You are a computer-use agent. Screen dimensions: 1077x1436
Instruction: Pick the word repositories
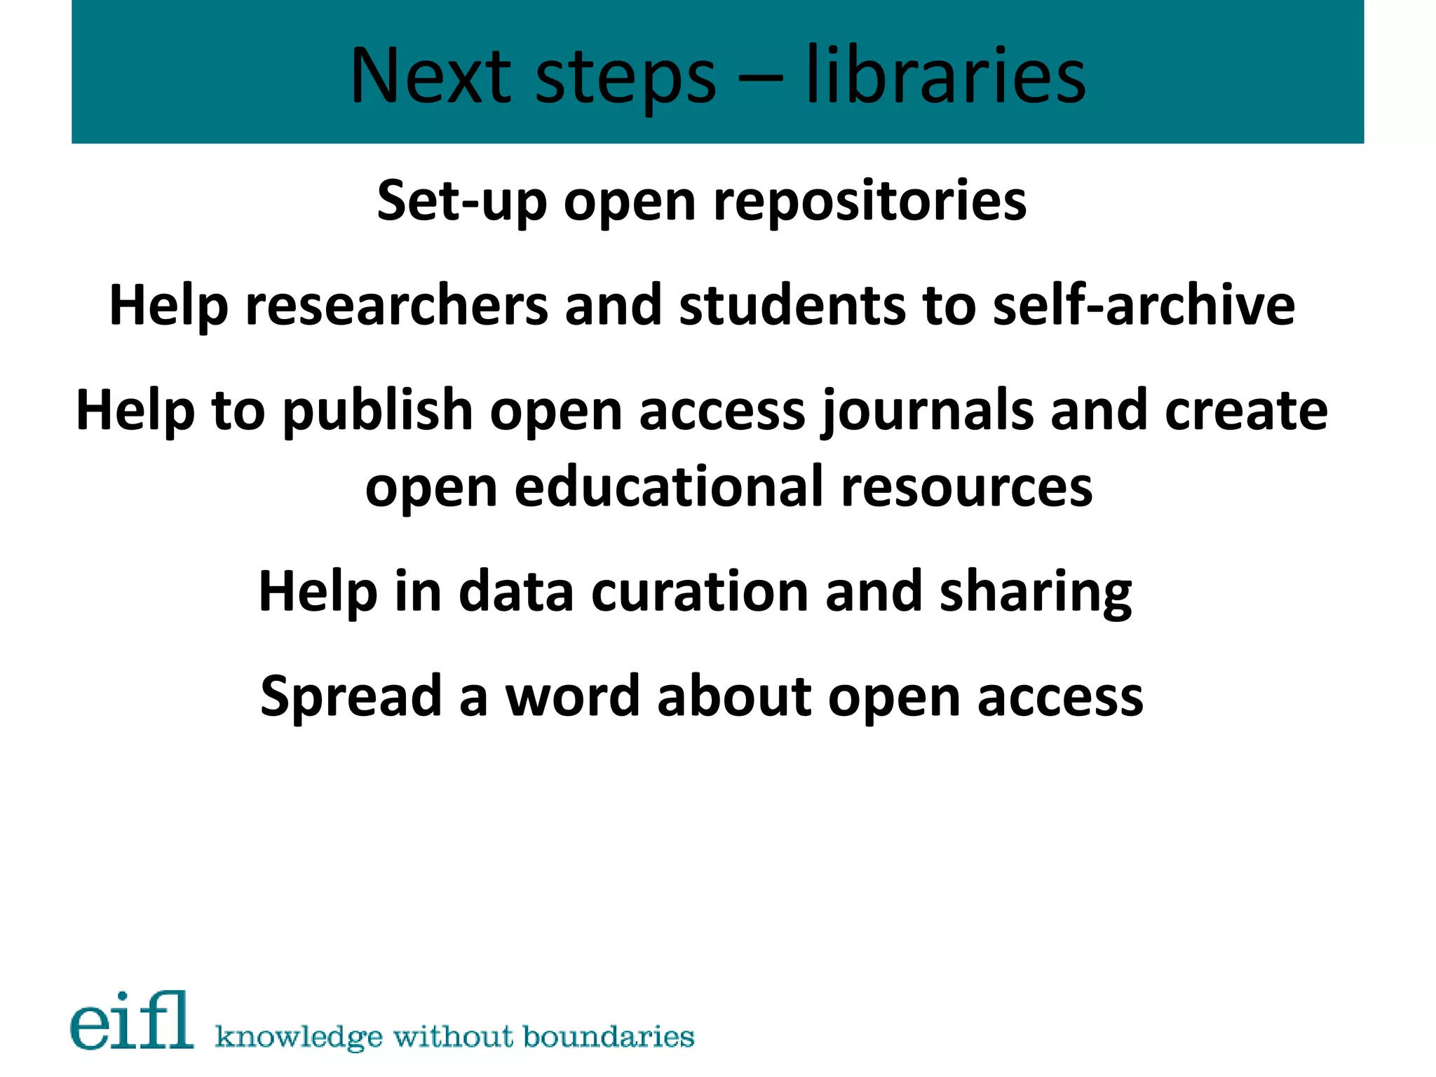point(869,201)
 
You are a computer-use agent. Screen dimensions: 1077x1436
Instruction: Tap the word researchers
point(396,306)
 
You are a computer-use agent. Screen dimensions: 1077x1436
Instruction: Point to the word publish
point(378,411)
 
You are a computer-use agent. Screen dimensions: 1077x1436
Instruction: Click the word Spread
point(351,697)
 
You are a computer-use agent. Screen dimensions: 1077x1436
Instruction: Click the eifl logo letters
point(132,1021)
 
